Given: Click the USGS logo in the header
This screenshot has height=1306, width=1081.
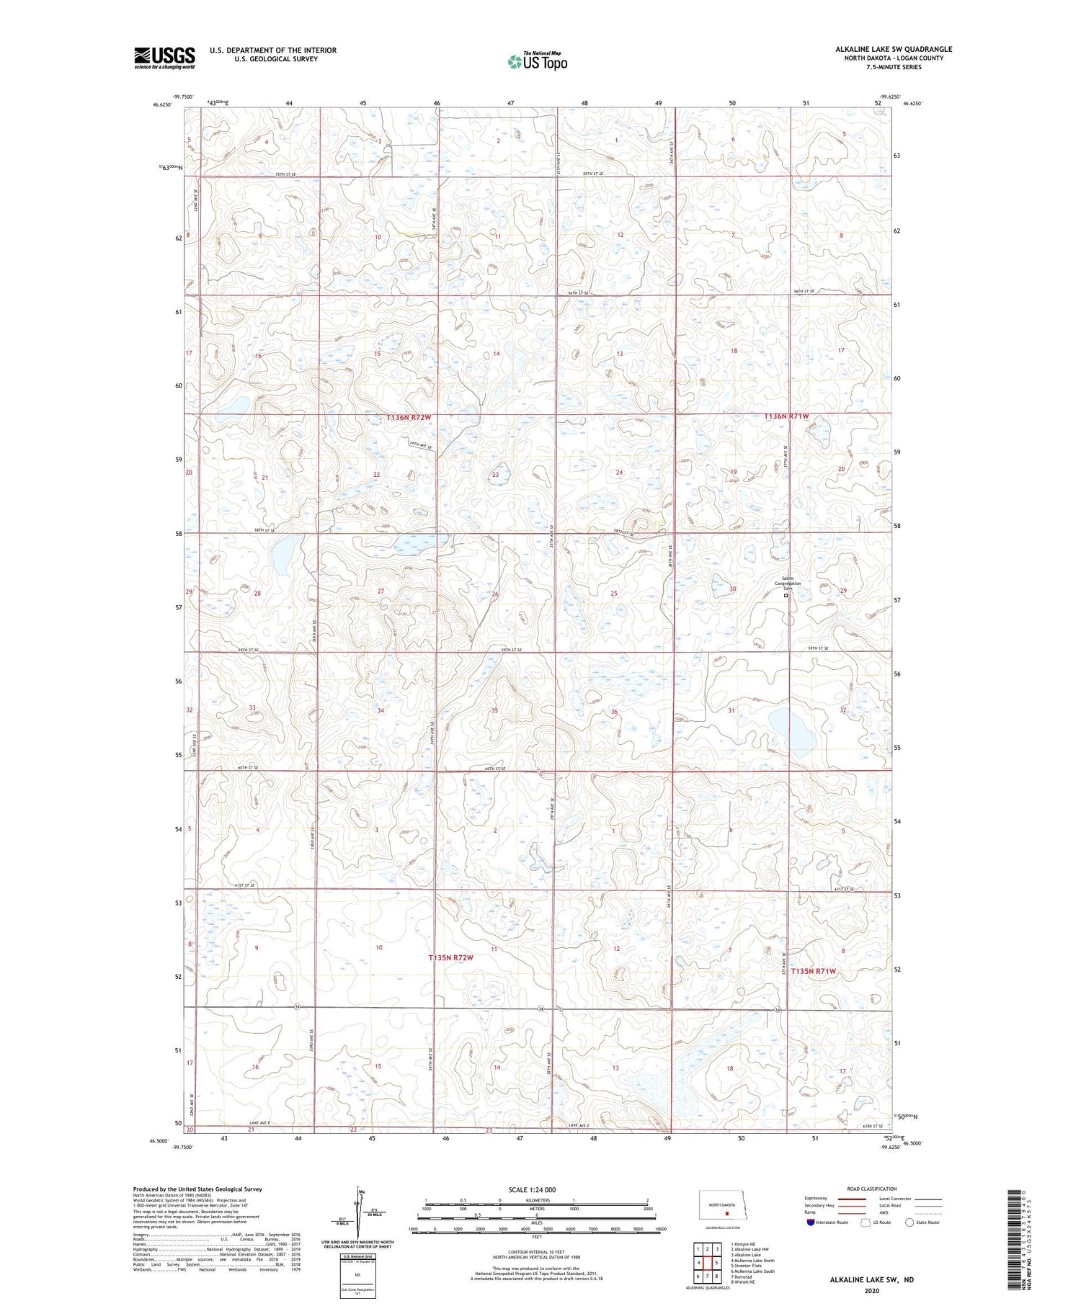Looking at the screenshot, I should [164, 58].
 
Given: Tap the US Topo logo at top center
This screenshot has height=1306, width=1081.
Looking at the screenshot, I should [537, 62].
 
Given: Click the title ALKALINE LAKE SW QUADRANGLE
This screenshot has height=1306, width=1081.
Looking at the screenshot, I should [894, 49].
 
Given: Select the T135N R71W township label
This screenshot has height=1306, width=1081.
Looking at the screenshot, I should [814, 972].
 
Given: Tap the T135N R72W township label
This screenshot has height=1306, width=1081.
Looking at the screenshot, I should [450, 957].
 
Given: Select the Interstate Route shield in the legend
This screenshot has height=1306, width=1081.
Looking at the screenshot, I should [811, 1222].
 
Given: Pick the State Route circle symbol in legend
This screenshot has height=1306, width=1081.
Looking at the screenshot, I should [909, 1222].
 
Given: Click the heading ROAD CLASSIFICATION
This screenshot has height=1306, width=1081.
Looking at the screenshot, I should [872, 1189].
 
